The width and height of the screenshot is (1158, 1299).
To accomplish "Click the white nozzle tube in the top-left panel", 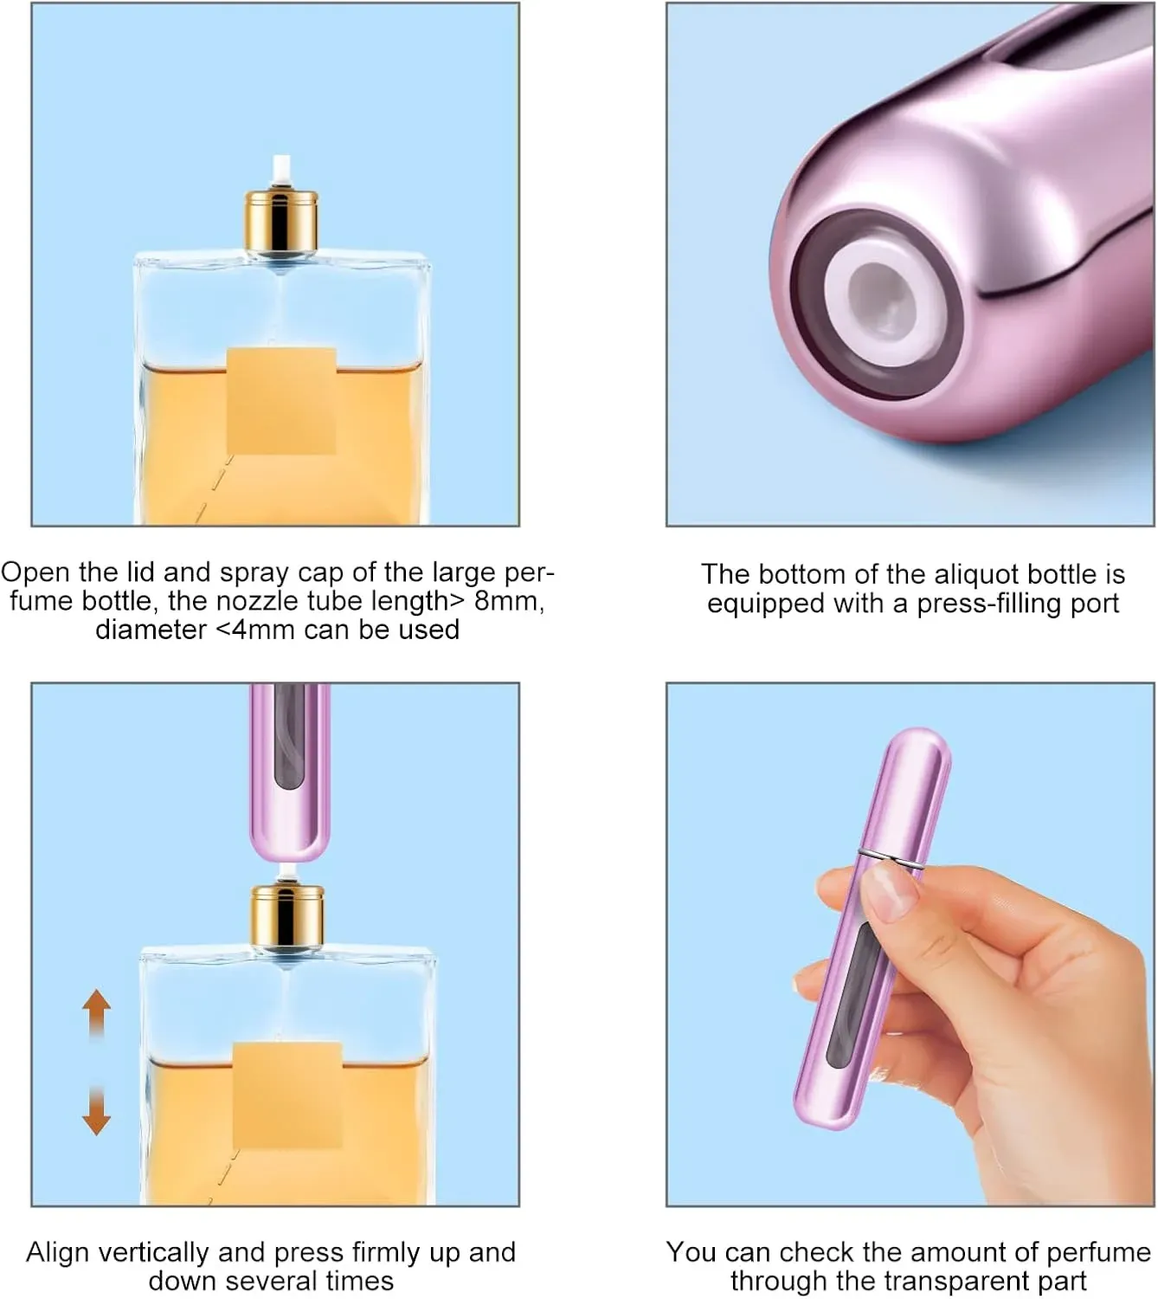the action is click(282, 173).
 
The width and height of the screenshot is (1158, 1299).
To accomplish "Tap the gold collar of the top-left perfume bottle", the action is click(282, 220).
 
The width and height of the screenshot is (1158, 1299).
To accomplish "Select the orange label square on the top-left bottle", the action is click(282, 401).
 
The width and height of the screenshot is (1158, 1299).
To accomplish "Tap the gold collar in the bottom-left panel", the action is click(287, 915).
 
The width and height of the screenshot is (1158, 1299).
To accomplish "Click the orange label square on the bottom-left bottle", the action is click(287, 1095).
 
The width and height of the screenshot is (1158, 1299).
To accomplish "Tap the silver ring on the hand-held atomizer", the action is click(891, 859).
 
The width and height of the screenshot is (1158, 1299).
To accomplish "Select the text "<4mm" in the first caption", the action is click(255, 630).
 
